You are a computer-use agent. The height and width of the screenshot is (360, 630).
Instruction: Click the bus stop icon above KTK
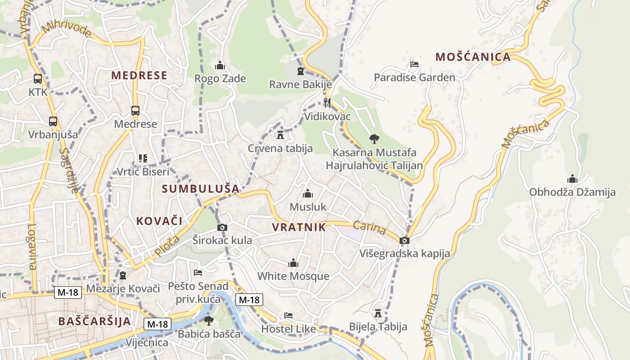click(x=38, y=79)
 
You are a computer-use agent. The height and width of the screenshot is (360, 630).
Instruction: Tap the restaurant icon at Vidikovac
click(x=327, y=103)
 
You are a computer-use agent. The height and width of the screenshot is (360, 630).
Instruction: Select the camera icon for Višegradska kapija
click(x=405, y=240)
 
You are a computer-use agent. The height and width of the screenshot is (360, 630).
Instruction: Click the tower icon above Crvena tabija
click(x=280, y=135)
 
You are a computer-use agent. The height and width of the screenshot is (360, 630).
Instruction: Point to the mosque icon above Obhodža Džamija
click(x=572, y=179)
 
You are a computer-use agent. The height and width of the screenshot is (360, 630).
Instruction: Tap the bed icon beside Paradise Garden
click(x=414, y=64)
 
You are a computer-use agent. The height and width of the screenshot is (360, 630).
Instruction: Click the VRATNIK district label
click(x=299, y=227)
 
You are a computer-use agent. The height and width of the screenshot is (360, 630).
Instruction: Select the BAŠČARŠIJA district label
click(x=94, y=321)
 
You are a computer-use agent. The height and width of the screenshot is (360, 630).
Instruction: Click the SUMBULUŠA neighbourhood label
click(x=201, y=189)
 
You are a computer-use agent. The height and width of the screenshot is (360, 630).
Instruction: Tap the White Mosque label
click(x=293, y=276)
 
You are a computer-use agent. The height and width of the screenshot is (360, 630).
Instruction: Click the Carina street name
click(x=369, y=228)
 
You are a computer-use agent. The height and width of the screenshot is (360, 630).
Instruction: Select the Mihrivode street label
click(x=66, y=33)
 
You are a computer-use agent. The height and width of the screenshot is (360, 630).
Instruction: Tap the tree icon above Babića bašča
click(x=208, y=320)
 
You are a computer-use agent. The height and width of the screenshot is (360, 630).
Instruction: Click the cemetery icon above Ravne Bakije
click(x=301, y=71)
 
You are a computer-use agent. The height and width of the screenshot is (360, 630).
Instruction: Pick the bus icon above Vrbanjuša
click(x=53, y=121)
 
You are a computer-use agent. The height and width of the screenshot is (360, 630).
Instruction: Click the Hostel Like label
click(x=288, y=329)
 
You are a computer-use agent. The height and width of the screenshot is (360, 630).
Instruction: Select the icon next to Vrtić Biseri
click(x=143, y=158)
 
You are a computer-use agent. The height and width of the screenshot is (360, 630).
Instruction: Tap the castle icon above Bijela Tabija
click(x=378, y=313)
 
